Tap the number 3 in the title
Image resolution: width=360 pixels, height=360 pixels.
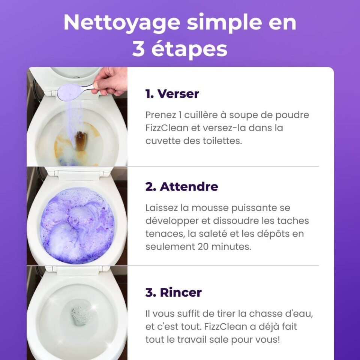(138, 49)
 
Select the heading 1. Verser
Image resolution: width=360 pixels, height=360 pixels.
(172, 94)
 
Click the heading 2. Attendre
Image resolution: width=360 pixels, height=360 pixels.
(181, 186)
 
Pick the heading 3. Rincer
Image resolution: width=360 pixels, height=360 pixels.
(173, 292)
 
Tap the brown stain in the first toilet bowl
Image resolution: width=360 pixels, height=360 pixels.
(80, 141)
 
